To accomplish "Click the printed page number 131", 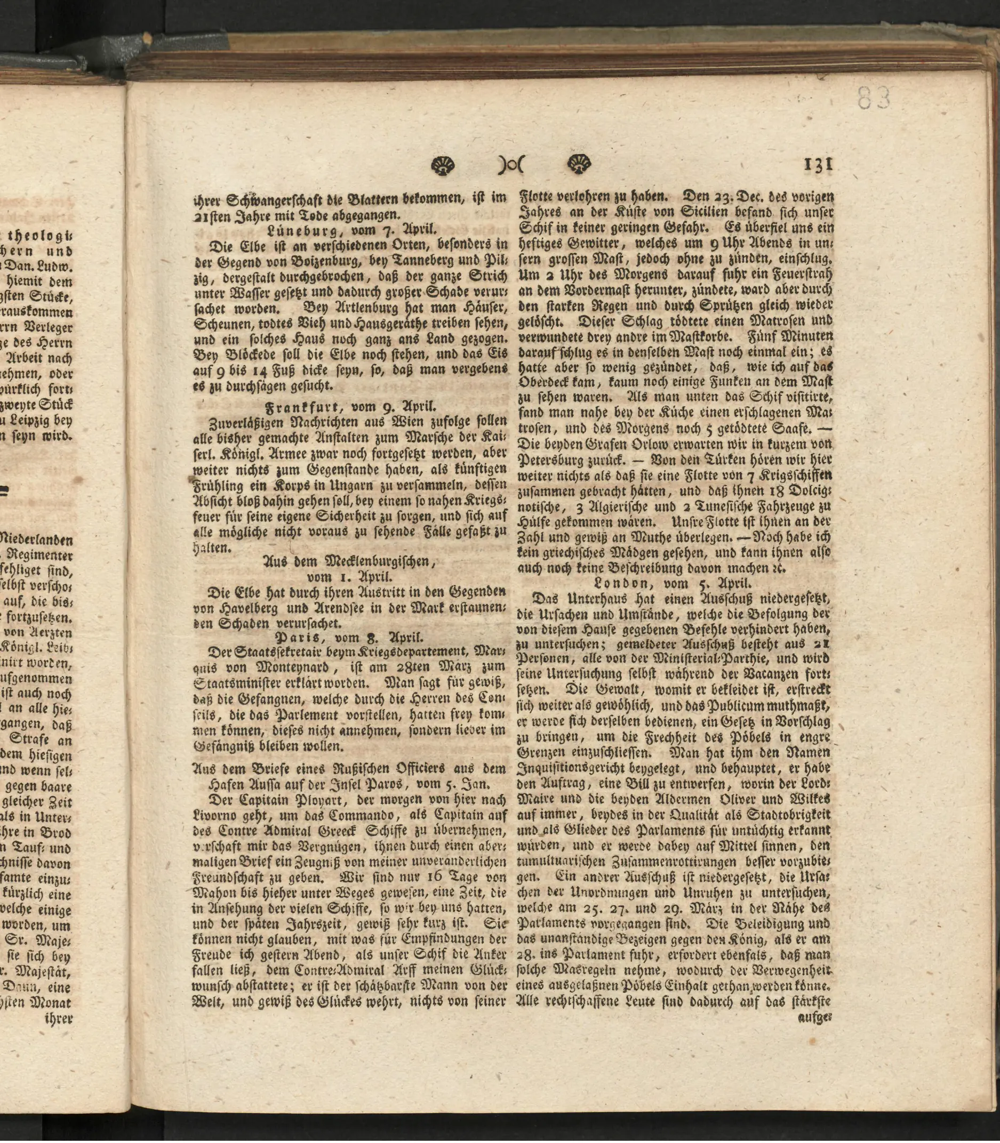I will click(818, 165).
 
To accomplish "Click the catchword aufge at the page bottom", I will click(816, 1018).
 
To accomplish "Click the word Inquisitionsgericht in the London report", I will click(577, 768).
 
